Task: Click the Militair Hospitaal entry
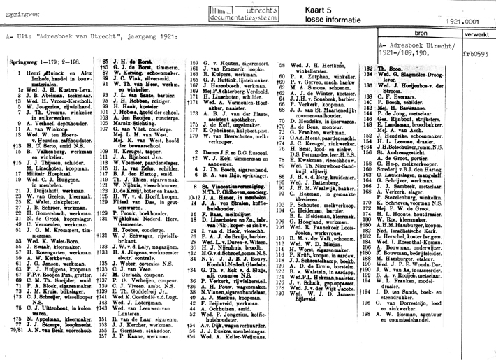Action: [x=50, y=172]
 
